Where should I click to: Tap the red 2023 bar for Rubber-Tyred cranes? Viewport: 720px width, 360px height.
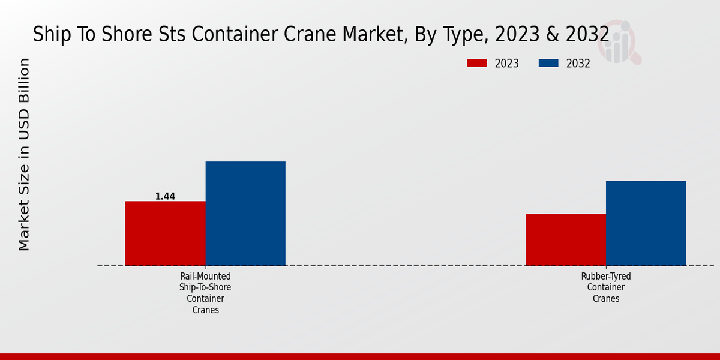point(566,239)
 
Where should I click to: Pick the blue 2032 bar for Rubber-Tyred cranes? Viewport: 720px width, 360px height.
point(646,223)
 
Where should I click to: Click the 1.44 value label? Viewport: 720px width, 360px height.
point(165,196)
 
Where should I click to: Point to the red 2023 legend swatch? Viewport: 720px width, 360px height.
point(477,63)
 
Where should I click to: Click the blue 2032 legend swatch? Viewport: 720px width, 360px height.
point(548,63)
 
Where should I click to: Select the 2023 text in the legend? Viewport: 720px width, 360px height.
point(507,64)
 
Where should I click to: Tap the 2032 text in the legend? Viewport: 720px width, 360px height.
point(578,64)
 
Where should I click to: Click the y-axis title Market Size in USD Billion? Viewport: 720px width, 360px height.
point(24,154)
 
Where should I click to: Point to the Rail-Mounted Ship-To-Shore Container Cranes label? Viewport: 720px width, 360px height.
point(205,293)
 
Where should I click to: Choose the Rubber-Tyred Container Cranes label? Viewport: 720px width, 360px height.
point(606,287)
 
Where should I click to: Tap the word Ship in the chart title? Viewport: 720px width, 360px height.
point(50,34)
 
